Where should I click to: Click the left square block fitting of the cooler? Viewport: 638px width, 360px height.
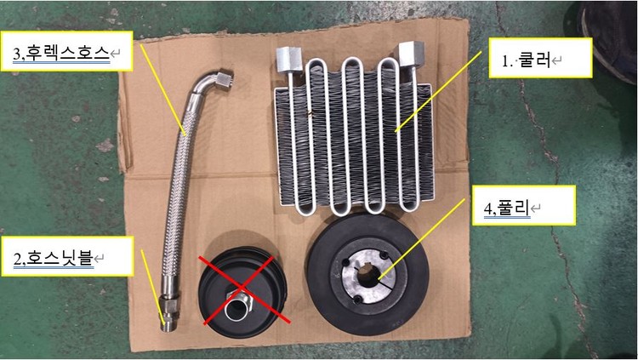(289, 58)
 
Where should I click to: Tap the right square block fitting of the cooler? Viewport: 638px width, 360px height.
(411, 54)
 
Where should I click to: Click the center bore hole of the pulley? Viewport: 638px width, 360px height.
(368, 274)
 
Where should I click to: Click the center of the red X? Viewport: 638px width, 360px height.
(244, 289)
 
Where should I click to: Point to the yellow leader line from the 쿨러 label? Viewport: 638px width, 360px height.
(438, 90)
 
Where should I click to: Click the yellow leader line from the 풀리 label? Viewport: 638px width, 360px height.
(421, 239)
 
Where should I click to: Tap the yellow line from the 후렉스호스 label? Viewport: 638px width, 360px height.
(162, 89)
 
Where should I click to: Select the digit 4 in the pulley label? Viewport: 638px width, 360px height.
(488, 209)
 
